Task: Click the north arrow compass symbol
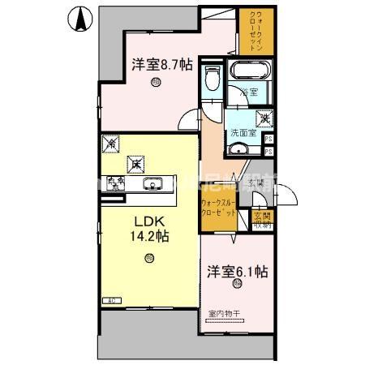[80, 19]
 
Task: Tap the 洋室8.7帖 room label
[162, 65]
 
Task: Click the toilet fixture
[213, 79]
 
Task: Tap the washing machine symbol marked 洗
[265, 118]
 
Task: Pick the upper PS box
[268, 139]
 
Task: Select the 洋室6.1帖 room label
[236, 273]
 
